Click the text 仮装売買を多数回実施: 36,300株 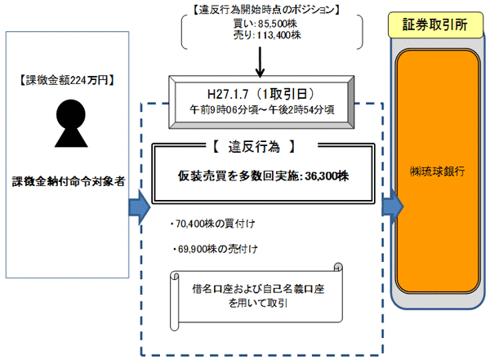255,176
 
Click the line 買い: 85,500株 260,24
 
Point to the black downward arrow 260,61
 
